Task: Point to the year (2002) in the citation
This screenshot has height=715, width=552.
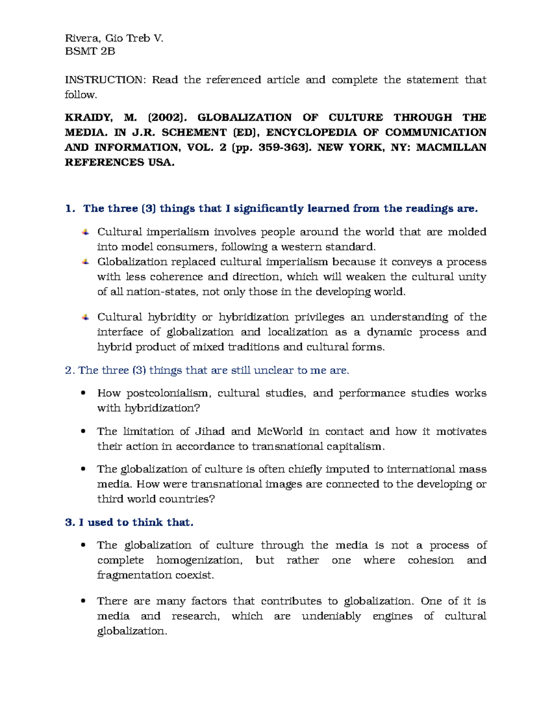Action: [167, 117]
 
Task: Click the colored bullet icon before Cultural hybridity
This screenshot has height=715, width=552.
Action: [86, 317]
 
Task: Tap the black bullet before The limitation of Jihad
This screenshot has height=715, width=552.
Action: [83, 431]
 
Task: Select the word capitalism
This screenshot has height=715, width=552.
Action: [355, 447]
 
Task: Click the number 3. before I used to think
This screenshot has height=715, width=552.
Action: [70, 522]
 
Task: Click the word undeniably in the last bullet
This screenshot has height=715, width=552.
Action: [331, 616]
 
